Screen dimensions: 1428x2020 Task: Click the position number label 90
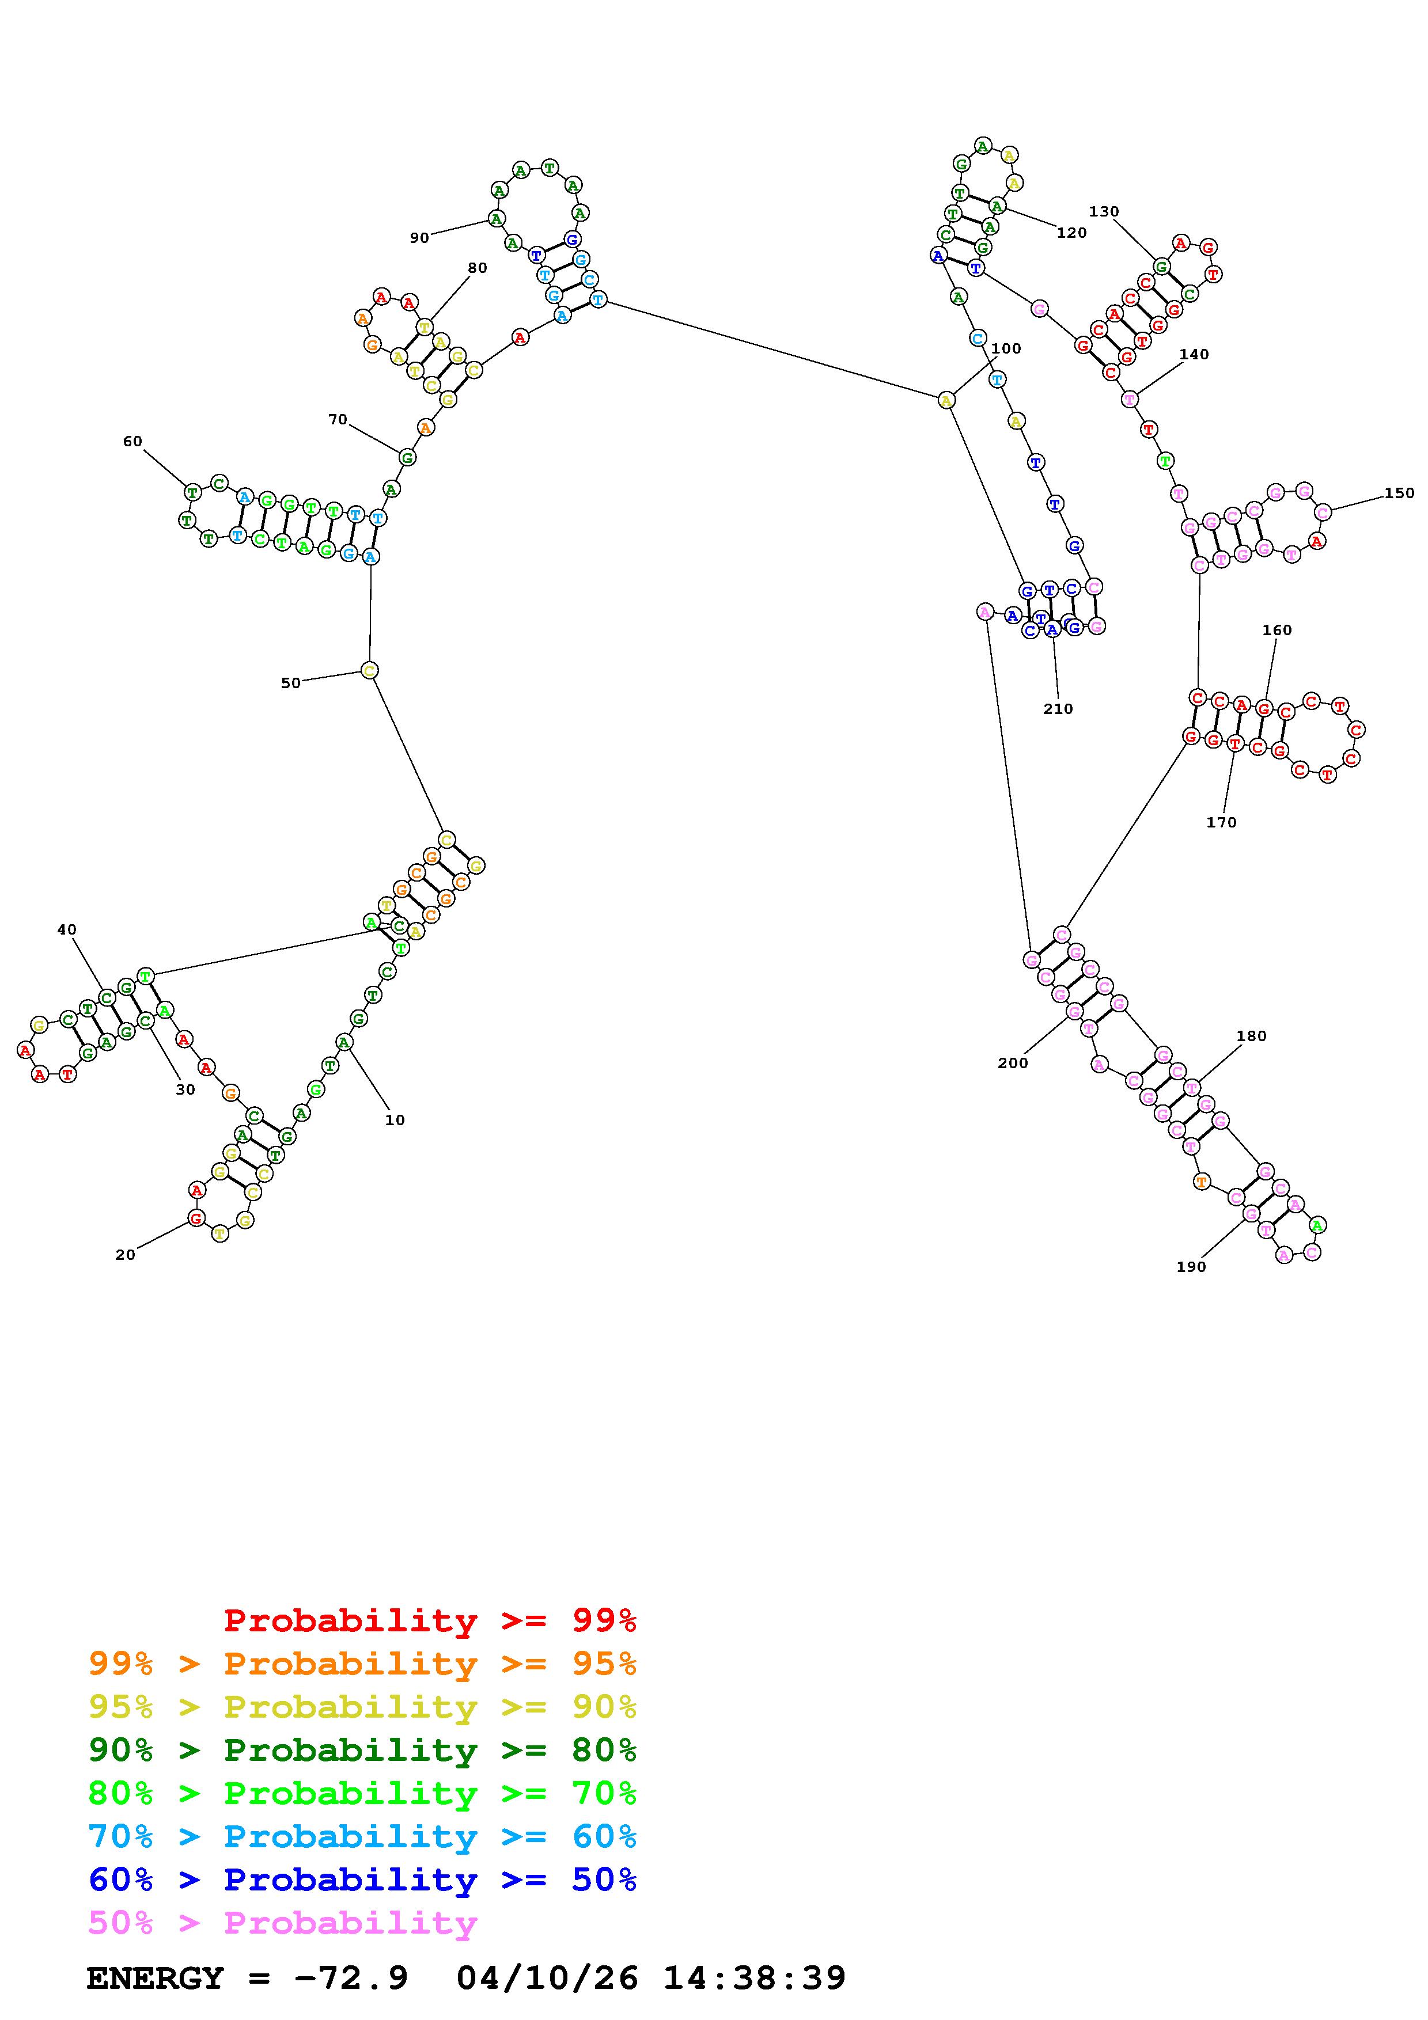pos(419,238)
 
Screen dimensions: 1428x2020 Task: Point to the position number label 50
pos(290,683)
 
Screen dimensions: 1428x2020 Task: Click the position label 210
pos(1058,708)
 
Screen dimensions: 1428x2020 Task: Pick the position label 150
pos(1399,493)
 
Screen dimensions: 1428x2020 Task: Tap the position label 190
pos(1191,1267)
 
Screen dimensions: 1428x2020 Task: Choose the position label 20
pos(125,1255)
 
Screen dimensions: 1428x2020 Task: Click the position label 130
pos(1103,211)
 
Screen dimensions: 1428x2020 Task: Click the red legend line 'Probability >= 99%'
pos(430,1620)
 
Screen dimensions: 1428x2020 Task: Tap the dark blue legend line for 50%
pos(362,1879)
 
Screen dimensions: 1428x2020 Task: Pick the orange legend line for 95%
pos(362,1664)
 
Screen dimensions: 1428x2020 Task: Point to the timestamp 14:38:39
pos(754,1978)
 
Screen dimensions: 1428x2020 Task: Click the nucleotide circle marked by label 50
pos(370,670)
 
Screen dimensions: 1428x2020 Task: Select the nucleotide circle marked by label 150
pos(1323,511)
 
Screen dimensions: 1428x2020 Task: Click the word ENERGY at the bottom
pos(155,1978)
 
